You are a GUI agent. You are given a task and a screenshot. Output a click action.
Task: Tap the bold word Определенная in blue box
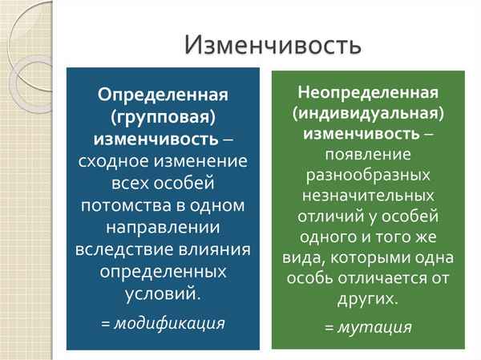click(x=163, y=95)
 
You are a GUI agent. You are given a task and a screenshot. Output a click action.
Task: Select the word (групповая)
click(x=163, y=117)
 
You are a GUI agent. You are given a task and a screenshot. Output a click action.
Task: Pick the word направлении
click(x=163, y=227)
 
